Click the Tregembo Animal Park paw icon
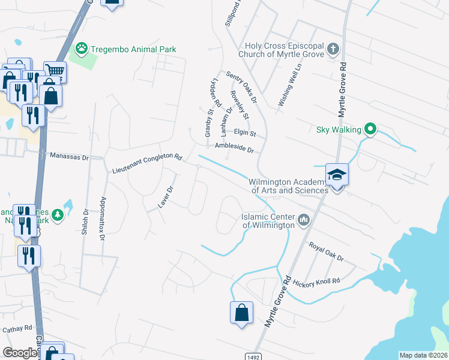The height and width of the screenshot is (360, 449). coord(81,48)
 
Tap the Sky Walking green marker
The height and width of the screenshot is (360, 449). coord(370,129)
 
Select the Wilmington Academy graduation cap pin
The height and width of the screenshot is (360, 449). coord(337,175)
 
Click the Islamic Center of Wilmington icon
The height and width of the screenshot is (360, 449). coord(303,220)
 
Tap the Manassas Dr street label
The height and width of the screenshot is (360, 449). coord(69,157)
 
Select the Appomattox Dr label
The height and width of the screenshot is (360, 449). coord(103,219)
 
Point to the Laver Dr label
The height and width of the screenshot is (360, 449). coord(166,197)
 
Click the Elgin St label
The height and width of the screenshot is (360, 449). coord(245,133)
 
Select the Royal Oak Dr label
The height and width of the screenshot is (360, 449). coord(327,252)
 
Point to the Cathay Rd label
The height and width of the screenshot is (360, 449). coord(16,329)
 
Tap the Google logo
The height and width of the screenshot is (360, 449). coord(20,353)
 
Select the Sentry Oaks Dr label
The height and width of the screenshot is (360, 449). coord(241,87)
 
